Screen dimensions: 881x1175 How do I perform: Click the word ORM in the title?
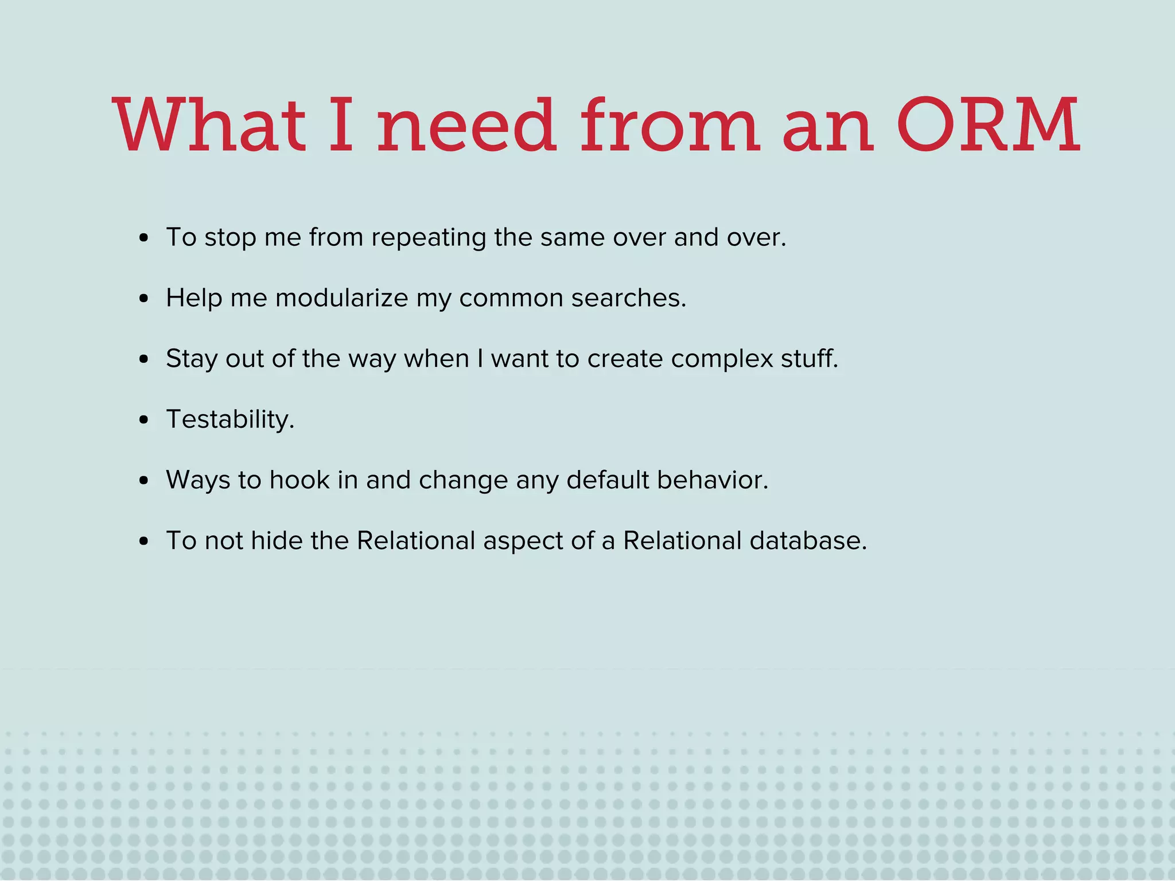pyautogui.click(x=988, y=125)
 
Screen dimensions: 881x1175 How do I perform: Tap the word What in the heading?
pyautogui.click(x=209, y=125)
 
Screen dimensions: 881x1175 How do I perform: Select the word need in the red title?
pyautogui.click(x=466, y=125)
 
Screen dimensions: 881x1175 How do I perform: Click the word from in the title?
pyautogui.click(x=670, y=125)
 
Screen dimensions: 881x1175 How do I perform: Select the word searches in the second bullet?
pyautogui.click(x=628, y=298)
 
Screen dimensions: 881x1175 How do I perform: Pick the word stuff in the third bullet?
pyautogui.click(x=809, y=359)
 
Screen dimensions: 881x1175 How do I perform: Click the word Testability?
pyautogui.click(x=229, y=420)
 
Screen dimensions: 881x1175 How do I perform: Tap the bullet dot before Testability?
pyautogui.click(x=144, y=420)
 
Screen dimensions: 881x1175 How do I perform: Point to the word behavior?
pyautogui.click(x=712, y=480)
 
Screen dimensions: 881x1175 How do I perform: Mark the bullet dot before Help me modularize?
pyautogui.click(x=144, y=299)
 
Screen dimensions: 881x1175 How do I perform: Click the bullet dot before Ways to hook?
pyautogui.click(x=144, y=481)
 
